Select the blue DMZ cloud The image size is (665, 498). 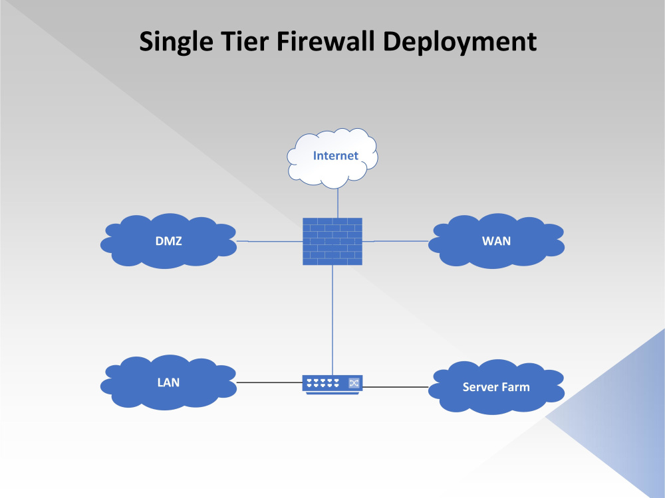click(168, 252)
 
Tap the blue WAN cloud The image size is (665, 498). click(496, 252)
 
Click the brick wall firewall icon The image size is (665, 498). click(332, 241)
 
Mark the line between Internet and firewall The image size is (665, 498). click(338, 202)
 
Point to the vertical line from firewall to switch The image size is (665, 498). click(332, 319)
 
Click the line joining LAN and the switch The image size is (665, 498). click(269, 382)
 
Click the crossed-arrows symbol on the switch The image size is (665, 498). click(354, 382)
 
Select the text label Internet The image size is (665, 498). click(336, 156)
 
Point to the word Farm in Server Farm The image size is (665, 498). click(516, 386)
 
